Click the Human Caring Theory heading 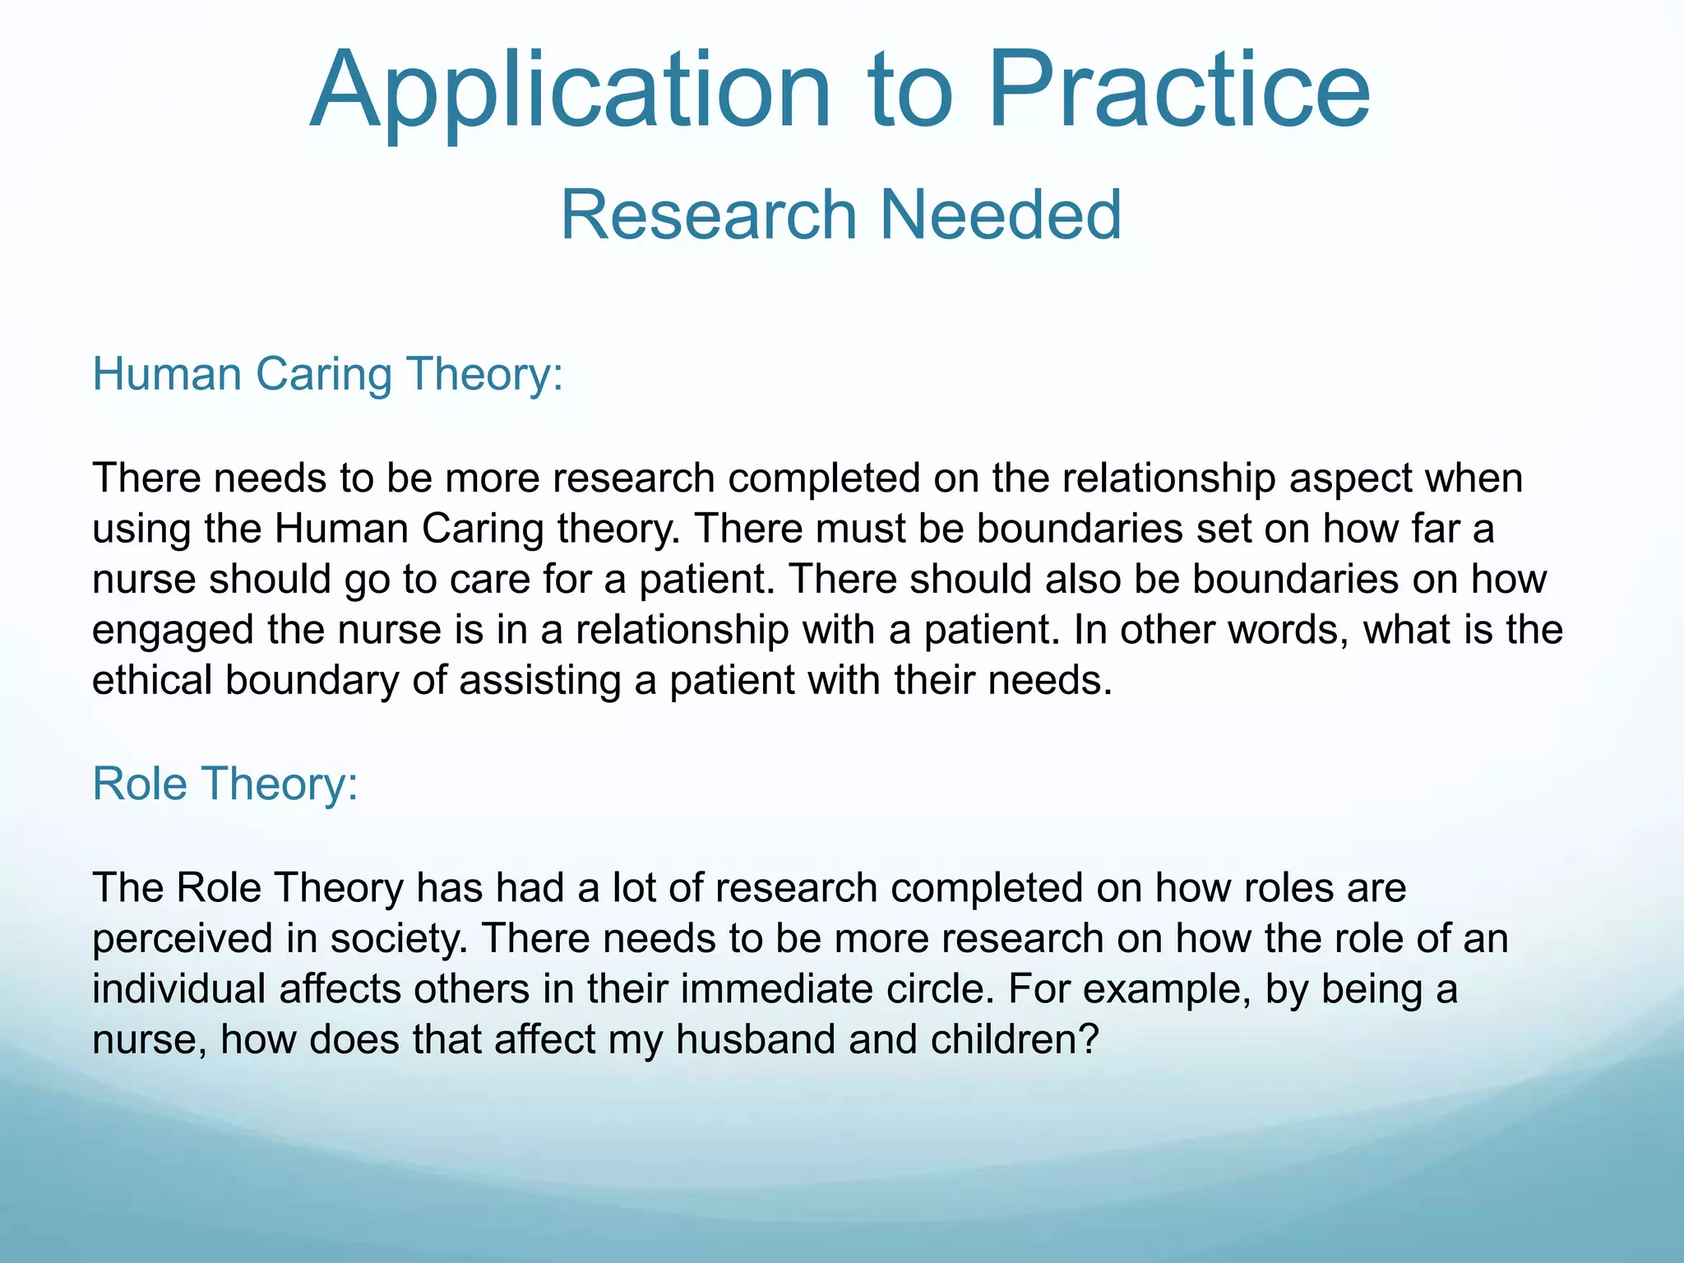pos(327,374)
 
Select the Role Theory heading pos(224,784)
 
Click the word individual pos(178,989)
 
